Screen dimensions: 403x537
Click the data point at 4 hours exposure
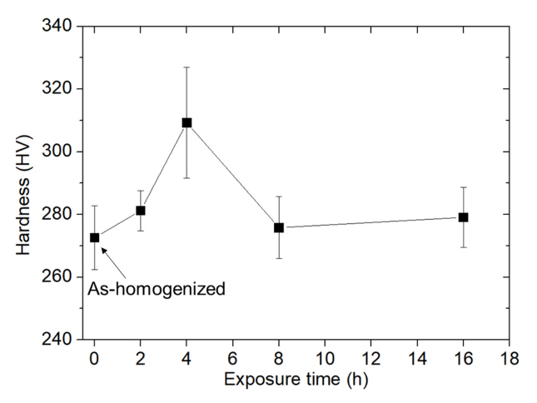tap(186, 122)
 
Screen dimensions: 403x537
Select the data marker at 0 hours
tap(94, 237)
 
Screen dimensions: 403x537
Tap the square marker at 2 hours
tap(141, 211)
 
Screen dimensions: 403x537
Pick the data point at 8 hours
tap(279, 227)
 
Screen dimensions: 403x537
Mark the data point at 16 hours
tap(464, 217)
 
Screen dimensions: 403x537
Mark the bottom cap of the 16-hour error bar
tap(464, 247)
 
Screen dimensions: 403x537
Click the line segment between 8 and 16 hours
tap(371, 222)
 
